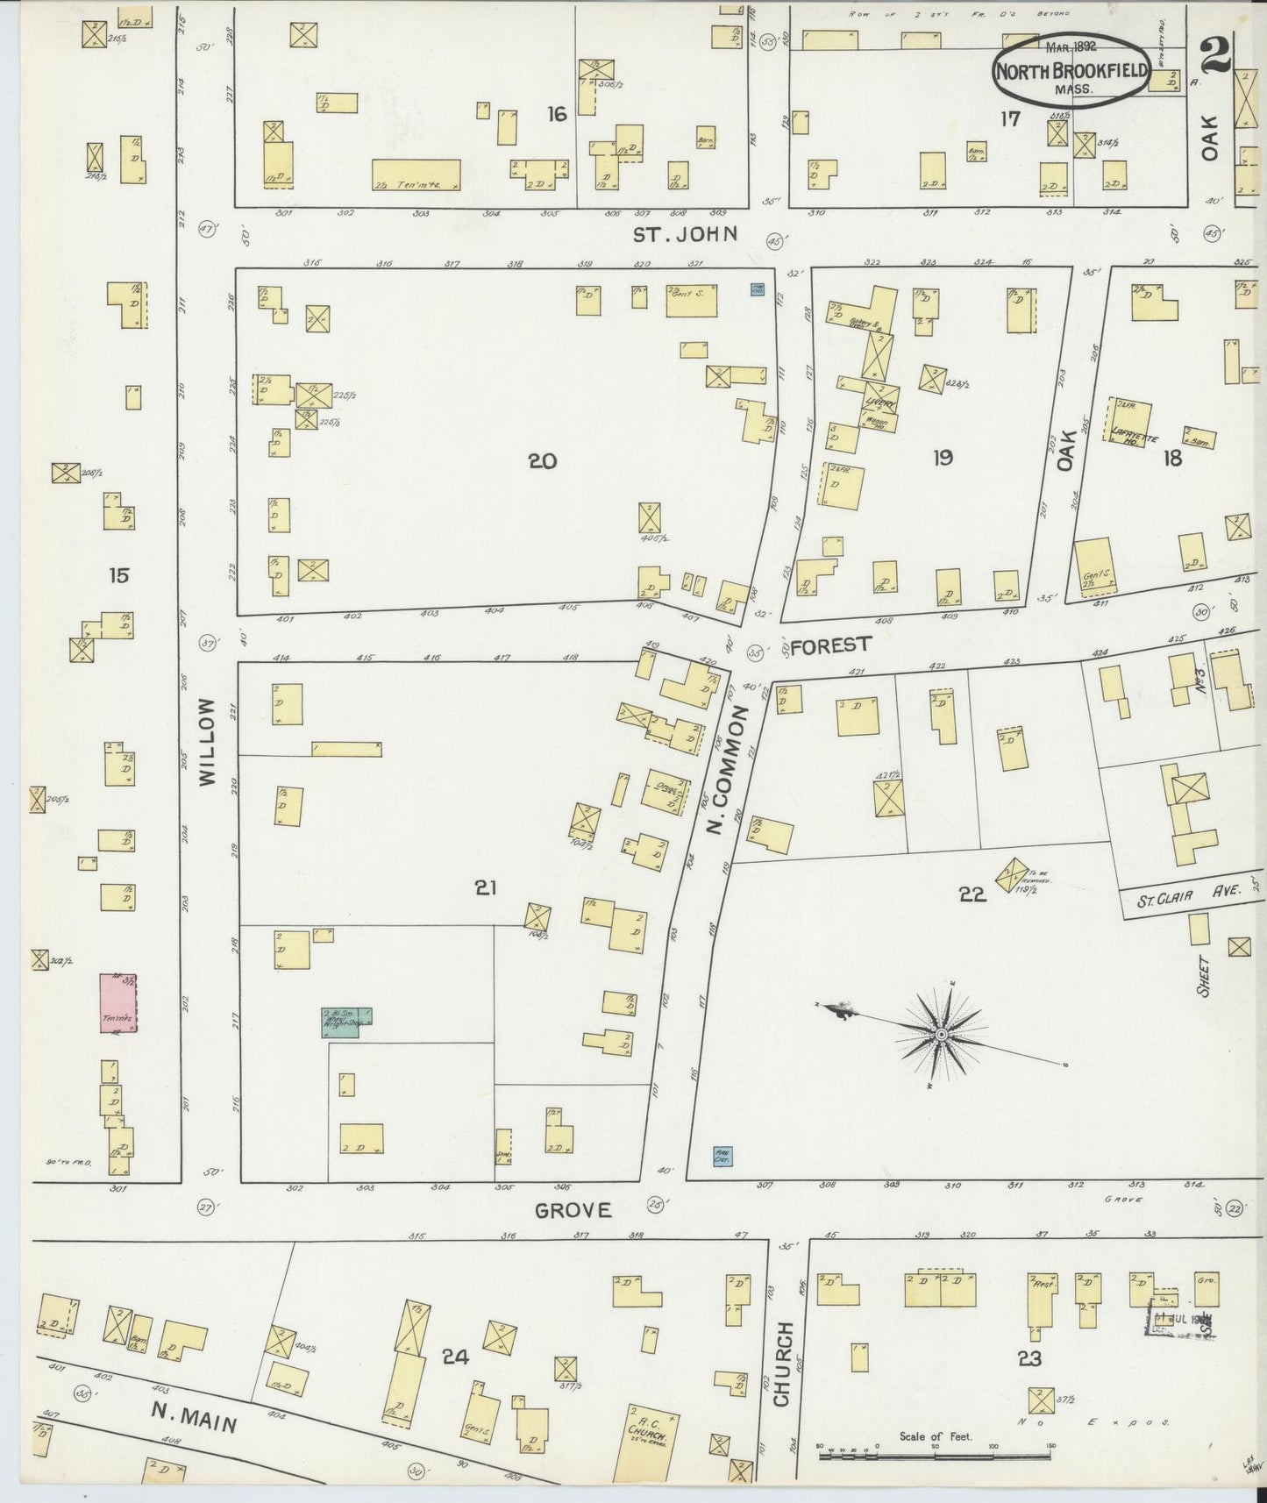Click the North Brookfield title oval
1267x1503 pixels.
[1071, 70]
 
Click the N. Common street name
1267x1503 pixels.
[729, 770]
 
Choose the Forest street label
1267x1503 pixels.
[829, 645]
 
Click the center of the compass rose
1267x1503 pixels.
[940, 1036]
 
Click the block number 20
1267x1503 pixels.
[543, 460]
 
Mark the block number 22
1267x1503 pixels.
[972, 894]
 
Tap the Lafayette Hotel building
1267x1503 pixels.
[1131, 422]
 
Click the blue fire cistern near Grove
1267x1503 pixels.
[722, 1156]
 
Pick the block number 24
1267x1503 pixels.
[455, 1357]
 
